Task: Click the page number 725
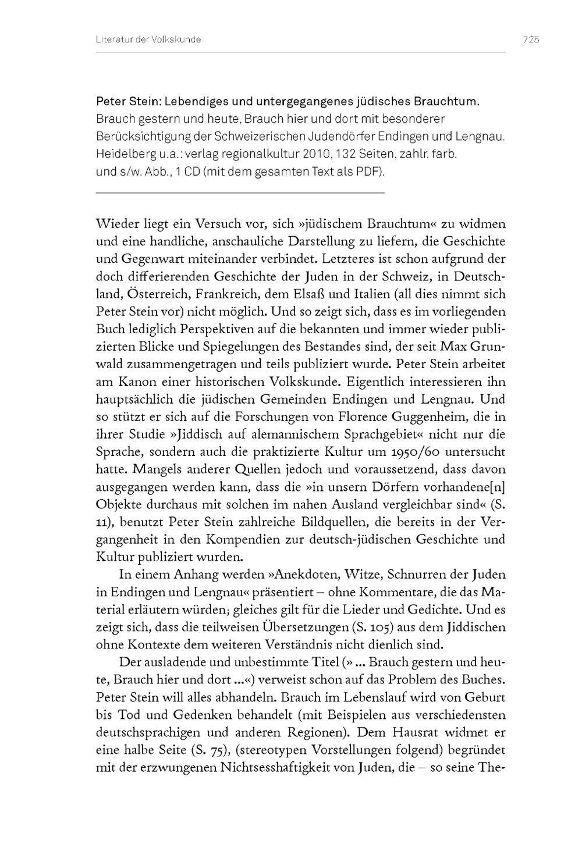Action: tap(531, 40)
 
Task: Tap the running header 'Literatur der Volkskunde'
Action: tap(148, 40)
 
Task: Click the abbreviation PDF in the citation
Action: tap(365, 172)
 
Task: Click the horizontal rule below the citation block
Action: tap(240, 193)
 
